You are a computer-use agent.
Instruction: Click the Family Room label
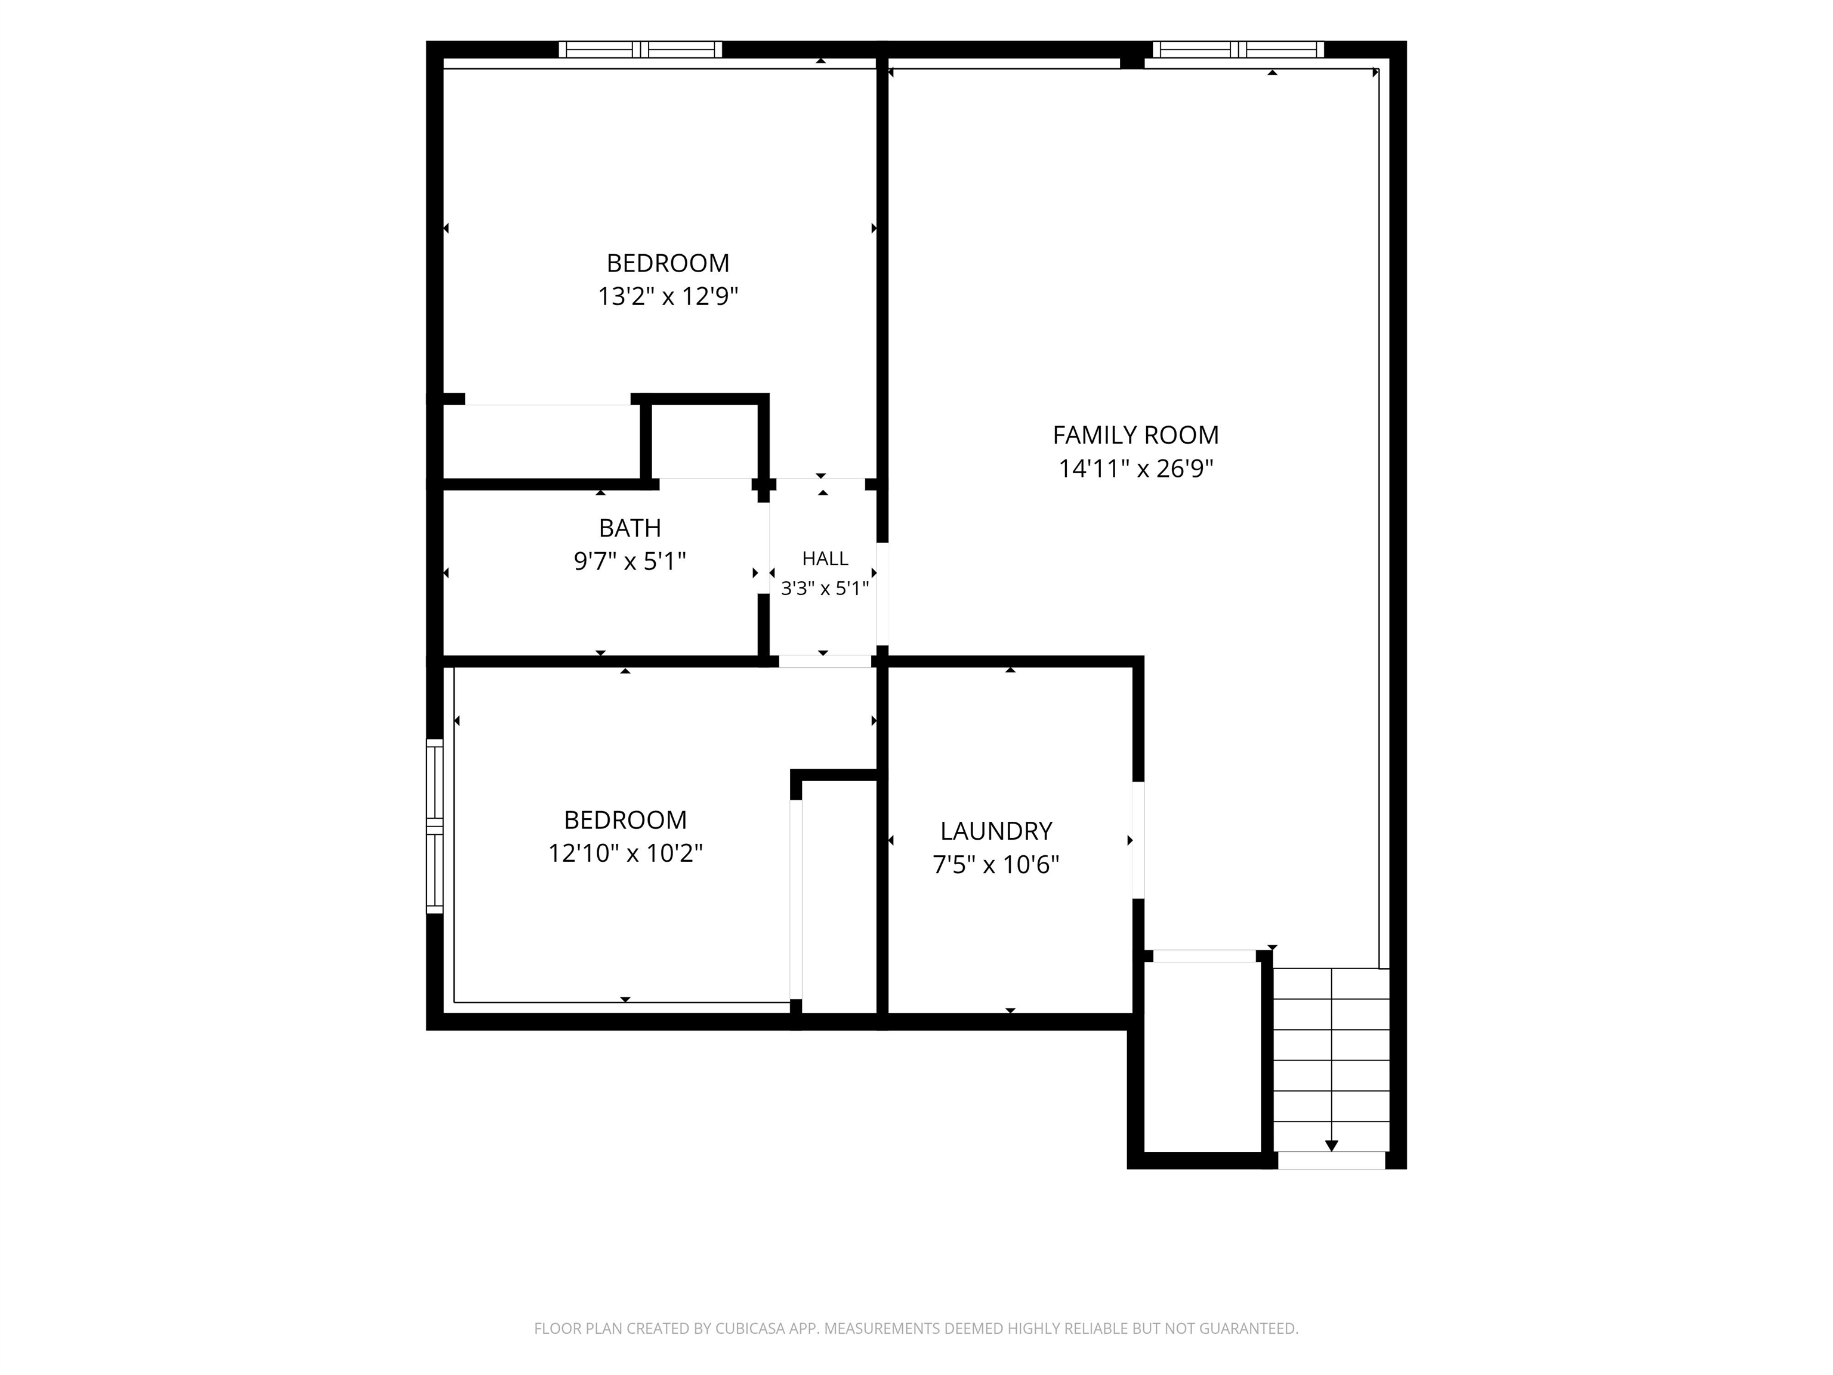[1135, 435]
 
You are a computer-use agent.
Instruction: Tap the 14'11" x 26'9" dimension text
[1135, 469]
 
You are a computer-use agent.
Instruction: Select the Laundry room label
[996, 831]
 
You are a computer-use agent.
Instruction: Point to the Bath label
[629, 528]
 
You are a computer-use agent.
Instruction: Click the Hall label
[825, 559]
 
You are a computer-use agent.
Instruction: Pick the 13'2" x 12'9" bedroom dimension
[668, 297]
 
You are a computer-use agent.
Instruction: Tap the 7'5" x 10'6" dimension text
[996, 865]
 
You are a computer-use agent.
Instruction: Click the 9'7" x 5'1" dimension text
[629, 562]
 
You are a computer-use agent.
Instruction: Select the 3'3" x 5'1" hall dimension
[825, 588]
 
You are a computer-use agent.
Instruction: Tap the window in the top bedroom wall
[640, 50]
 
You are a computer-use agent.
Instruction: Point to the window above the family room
[1238, 50]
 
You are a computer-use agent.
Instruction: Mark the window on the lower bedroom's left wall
[435, 827]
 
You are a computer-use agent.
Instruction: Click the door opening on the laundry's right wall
[1138, 840]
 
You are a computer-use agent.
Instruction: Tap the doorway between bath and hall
[763, 548]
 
